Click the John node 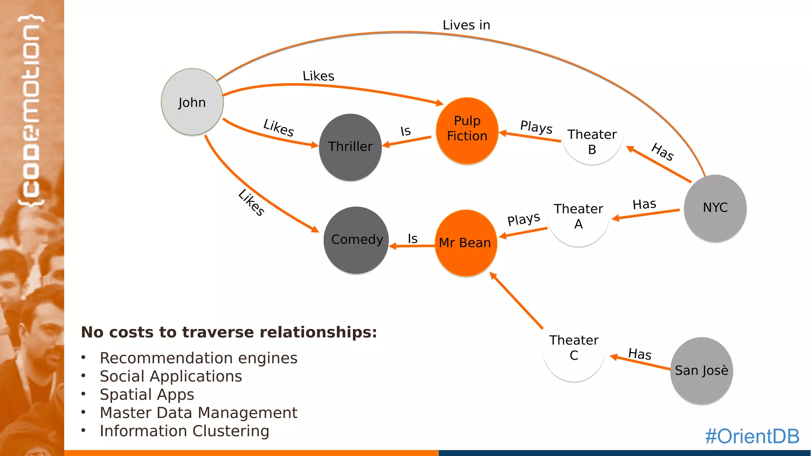[x=192, y=102]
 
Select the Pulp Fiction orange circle [x=467, y=131]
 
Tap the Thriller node [x=350, y=147]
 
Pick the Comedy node [x=356, y=240]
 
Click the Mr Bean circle [x=466, y=243]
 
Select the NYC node [x=715, y=208]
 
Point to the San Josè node [x=701, y=371]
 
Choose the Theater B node [x=592, y=142]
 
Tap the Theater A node [x=578, y=216]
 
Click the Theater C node [x=574, y=348]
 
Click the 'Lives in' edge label [x=466, y=25]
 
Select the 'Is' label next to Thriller [x=405, y=131]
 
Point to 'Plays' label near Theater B [x=536, y=127]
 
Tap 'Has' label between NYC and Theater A [x=644, y=204]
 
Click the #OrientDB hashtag [x=752, y=436]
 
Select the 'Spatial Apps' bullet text [x=147, y=395]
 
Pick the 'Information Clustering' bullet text [x=185, y=431]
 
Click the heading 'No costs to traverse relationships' [x=229, y=332]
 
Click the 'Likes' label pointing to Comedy [x=251, y=202]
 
